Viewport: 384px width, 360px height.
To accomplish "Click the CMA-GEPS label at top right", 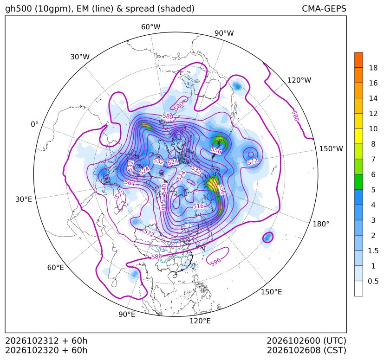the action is coord(324,8).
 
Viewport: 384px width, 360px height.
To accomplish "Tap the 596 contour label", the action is coord(215,261).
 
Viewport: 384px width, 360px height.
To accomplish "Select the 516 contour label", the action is coord(198,206).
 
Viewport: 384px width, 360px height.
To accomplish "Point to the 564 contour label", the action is coord(130,183).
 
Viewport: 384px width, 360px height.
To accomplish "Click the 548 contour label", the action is coord(163,205).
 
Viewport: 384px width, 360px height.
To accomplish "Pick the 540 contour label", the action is coord(164,189).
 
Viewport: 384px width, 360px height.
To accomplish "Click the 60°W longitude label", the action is coord(151,27).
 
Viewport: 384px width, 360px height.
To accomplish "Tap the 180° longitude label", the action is coord(321,224).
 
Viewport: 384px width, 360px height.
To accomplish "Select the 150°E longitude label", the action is coord(271,292).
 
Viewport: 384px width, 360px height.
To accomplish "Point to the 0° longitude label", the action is coord(34,124).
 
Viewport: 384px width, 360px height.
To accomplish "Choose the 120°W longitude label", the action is coord(299,80).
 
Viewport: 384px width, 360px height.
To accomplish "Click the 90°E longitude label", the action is coord(127,314).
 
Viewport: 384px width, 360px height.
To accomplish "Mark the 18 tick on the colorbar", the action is coord(373,68).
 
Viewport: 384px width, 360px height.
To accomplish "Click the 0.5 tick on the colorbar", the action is coord(373,281).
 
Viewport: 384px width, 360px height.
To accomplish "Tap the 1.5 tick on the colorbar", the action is coord(373,251).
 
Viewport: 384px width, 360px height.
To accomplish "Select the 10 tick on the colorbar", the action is coord(373,129).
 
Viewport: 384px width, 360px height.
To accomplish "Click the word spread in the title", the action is coord(139,9).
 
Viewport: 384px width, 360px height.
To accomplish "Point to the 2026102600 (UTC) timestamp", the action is coord(306,341).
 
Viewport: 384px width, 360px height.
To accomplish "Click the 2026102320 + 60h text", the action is coord(46,350).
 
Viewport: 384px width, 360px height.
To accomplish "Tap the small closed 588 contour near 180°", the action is coord(267,237).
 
